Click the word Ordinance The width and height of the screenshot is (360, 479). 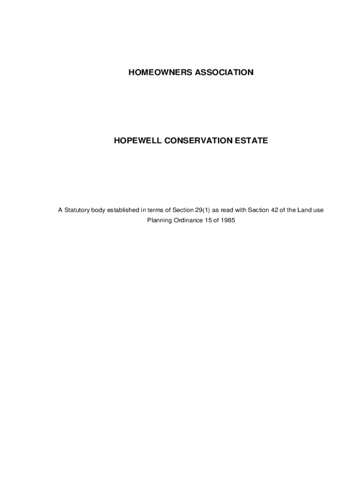(x=187, y=220)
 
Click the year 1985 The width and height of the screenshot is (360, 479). (x=227, y=220)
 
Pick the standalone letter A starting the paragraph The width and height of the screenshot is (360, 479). (x=60, y=210)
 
